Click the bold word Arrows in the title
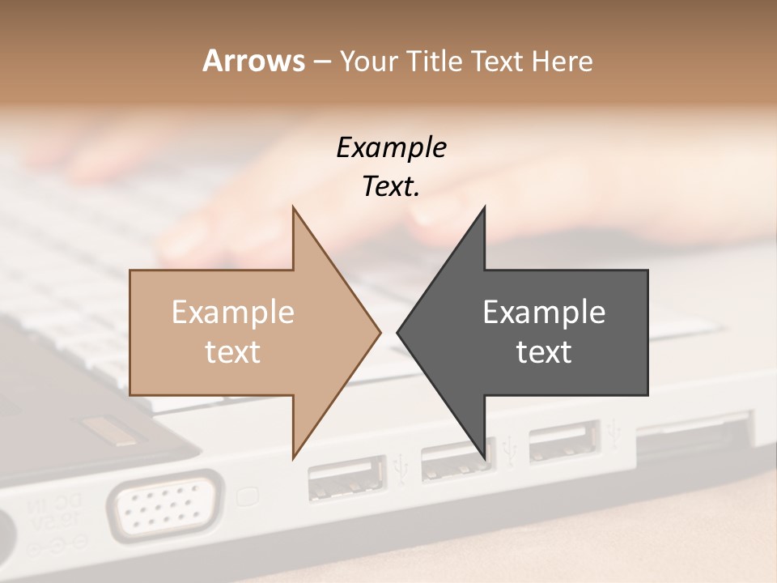point(253,61)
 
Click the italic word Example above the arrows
point(391,147)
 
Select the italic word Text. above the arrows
point(391,187)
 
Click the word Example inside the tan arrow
point(233,313)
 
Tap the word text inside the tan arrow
point(233,352)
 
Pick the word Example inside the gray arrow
point(544,313)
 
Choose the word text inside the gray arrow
point(544,352)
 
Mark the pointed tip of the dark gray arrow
point(399,332)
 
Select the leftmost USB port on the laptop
point(346,479)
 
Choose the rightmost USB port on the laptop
point(563,443)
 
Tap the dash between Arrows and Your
point(321,62)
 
